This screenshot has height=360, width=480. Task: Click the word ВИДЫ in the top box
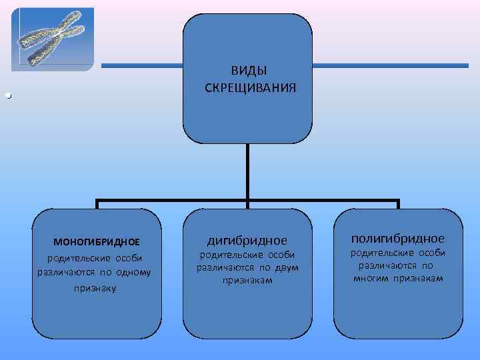pyautogui.click(x=247, y=71)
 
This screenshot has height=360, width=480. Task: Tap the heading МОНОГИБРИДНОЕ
pyautogui.click(x=97, y=241)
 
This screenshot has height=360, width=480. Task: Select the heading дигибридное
pyautogui.click(x=247, y=239)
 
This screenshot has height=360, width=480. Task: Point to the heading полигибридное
pyautogui.click(x=398, y=238)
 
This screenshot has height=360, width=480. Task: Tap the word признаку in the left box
pyautogui.click(x=97, y=288)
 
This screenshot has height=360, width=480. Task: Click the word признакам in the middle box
pyautogui.click(x=247, y=281)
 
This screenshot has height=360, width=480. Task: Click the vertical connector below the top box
pyautogui.click(x=247, y=170)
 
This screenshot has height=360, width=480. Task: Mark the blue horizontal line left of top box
pyautogui.click(x=141, y=65)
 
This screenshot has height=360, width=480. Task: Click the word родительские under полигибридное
pyautogui.click(x=378, y=253)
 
